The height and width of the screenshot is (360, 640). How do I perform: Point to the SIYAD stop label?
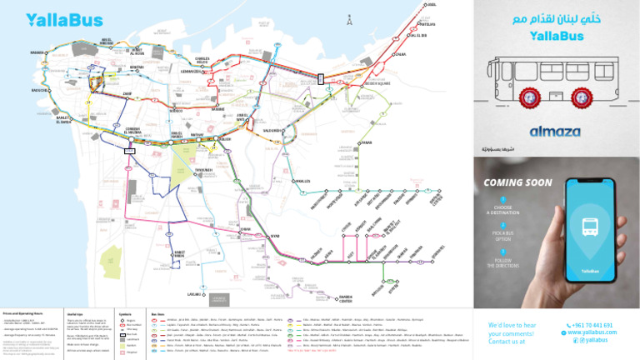(275, 236)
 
